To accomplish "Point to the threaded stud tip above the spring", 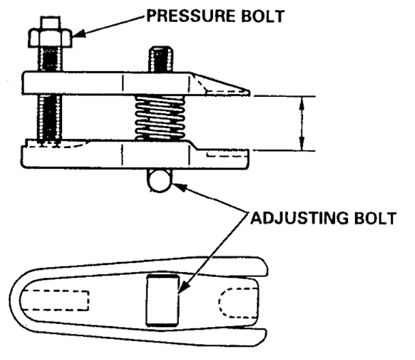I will point(161,58).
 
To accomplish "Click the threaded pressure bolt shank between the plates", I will point(50,118).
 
